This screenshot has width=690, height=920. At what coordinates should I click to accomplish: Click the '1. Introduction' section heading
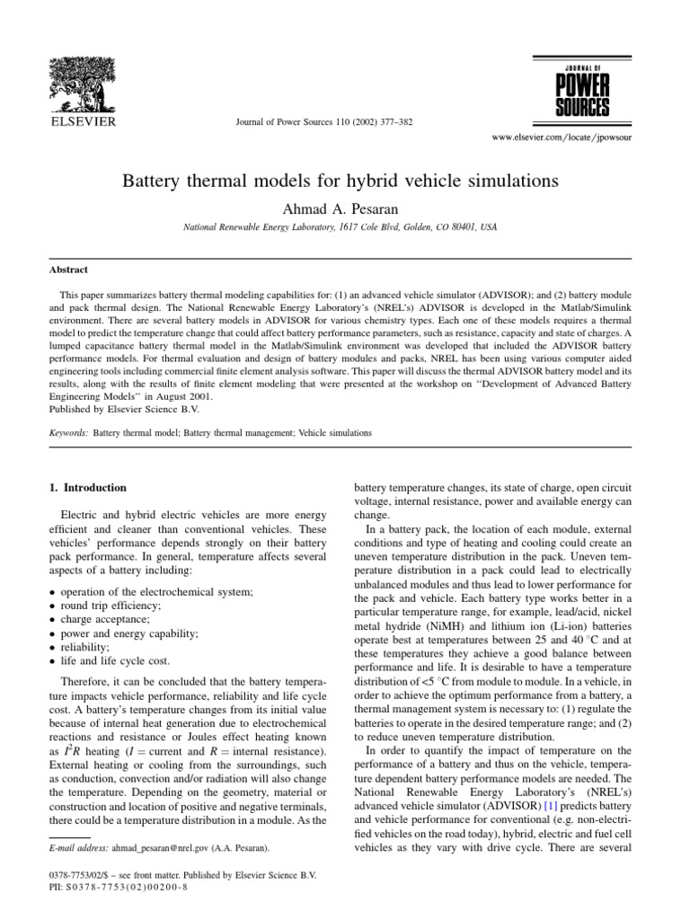pyautogui.click(x=86, y=488)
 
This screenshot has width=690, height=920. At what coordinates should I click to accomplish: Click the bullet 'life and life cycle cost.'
pyautogui.click(x=111, y=659)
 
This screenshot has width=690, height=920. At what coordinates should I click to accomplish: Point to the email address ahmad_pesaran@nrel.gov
pyautogui.click(x=144, y=847)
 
